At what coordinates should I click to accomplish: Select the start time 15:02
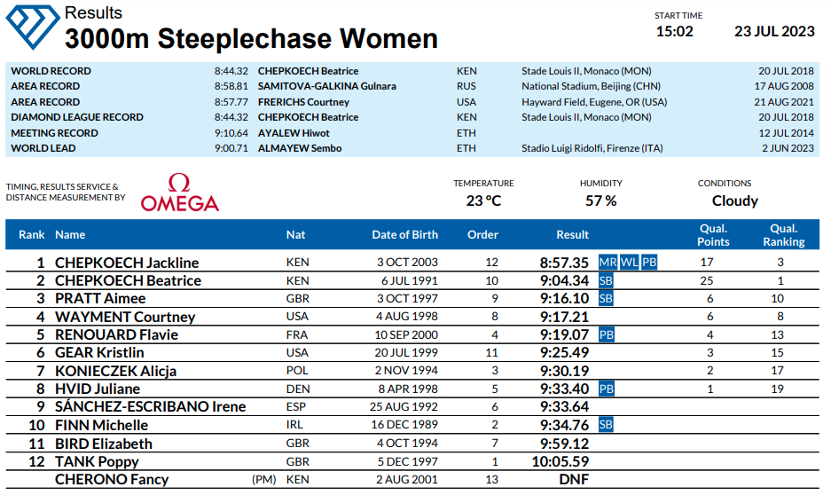pyautogui.click(x=674, y=32)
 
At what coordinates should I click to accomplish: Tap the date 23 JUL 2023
pyautogui.click(x=774, y=32)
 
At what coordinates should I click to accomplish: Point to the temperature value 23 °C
pyautogui.click(x=483, y=200)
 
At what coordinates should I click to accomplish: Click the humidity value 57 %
pyautogui.click(x=600, y=200)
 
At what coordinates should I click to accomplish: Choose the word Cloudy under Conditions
pyautogui.click(x=734, y=200)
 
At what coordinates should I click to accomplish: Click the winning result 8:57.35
pyautogui.click(x=564, y=263)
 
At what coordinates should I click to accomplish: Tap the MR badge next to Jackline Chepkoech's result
pyautogui.click(x=608, y=263)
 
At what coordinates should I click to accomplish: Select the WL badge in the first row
pyautogui.click(x=629, y=263)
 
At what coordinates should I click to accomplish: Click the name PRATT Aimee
pyautogui.click(x=100, y=299)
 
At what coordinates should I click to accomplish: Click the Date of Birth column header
pyautogui.click(x=404, y=235)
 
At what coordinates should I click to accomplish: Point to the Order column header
pyautogui.click(x=482, y=235)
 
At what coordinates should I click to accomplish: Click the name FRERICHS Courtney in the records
pyautogui.click(x=303, y=102)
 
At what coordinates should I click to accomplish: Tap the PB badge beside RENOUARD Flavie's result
pyautogui.click(x=607, y=335)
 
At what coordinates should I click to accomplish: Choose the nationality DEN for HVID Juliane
pyautogui.click(x=297, y=389)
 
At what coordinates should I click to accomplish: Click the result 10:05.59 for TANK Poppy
pyautogui.click(x=561, y=461)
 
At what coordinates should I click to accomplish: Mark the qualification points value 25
pyautogui.click(x=707, y=281)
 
